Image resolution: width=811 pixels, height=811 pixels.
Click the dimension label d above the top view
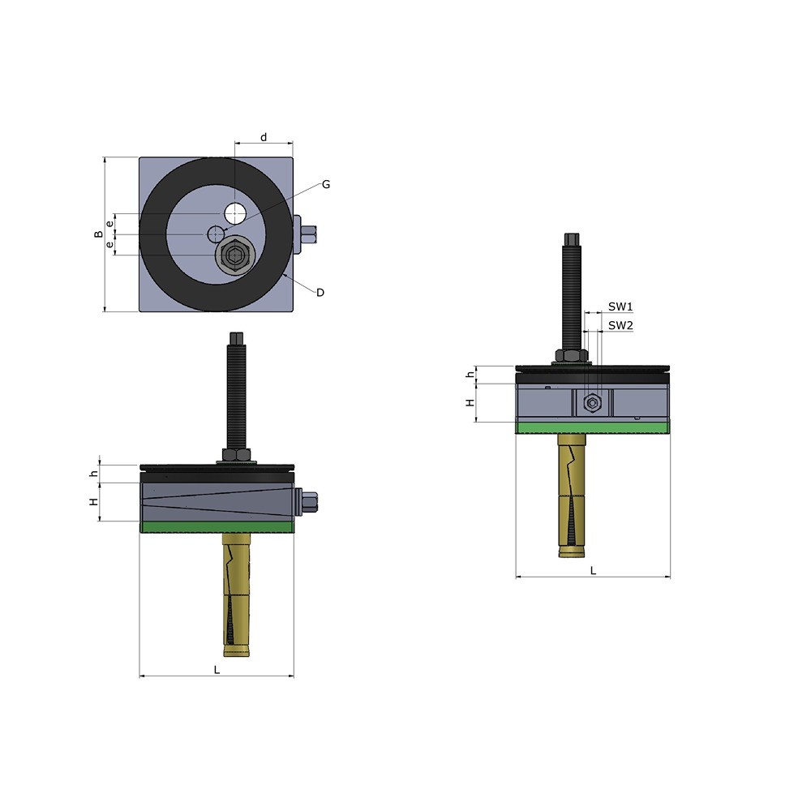264,138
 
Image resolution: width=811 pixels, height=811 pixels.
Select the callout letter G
326,185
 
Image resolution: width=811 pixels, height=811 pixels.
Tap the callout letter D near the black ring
320,293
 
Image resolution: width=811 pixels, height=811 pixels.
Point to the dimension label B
98,234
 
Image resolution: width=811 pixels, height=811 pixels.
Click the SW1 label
620,307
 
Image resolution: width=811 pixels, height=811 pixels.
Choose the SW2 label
620,325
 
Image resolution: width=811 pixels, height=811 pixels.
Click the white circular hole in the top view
235,213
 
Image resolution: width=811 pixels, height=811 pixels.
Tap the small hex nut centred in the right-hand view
592,403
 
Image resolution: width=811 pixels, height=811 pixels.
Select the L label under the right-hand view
594,570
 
